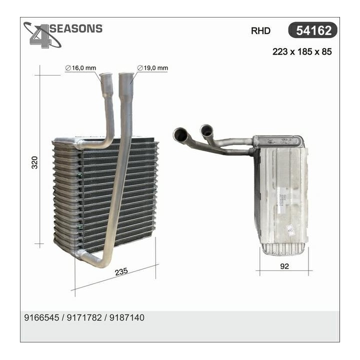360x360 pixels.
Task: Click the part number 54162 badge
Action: pyautogui.click(x=313, y=30)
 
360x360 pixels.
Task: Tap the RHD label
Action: pyautogui.click(x=260, y=31)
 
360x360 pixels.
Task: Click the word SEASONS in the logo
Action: pyautogui.click(x=77, y=28)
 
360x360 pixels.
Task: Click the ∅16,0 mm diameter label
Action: pyautogui.click(x=80, y=68)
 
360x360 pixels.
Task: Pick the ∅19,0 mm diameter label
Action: pyautogui.click(x=152, y=68)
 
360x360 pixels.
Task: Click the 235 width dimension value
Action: pyautogui.click(x=122, y=271)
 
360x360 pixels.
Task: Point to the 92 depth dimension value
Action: pyautogui.click(x=284, y=266)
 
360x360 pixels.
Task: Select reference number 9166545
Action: pyautogui.click(x=41, y=317)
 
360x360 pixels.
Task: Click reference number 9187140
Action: pyautogui.click(x=127, y=317)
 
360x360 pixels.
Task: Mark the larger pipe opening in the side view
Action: pyautogui.click(x=179, y=134)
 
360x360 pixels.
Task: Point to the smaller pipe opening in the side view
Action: pyautogui.click(x=206, y=130)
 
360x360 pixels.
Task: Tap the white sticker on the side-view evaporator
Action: pyautogui.click(x=290, y=229)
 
